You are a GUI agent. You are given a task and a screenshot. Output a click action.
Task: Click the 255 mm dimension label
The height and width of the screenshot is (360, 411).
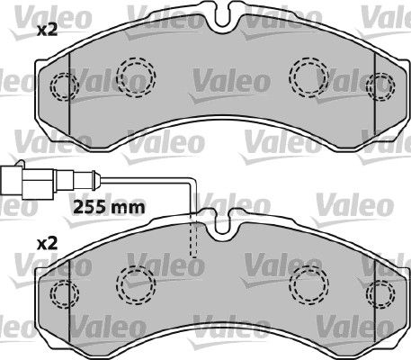point(109,207)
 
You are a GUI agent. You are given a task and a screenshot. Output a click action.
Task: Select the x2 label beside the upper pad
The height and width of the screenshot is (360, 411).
point(47,31)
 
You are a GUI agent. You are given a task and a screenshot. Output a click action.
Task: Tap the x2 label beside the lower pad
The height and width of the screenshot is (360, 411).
point(47,244)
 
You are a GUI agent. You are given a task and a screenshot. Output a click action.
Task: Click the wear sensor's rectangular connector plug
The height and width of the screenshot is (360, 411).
point(28,182)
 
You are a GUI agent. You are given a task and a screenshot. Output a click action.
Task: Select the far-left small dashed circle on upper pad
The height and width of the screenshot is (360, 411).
point(64,85)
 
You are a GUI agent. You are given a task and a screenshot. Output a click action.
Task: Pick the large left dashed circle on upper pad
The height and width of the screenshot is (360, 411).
point(137,77)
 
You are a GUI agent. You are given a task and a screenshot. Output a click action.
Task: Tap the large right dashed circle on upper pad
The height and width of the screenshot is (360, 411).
point(309,77)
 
